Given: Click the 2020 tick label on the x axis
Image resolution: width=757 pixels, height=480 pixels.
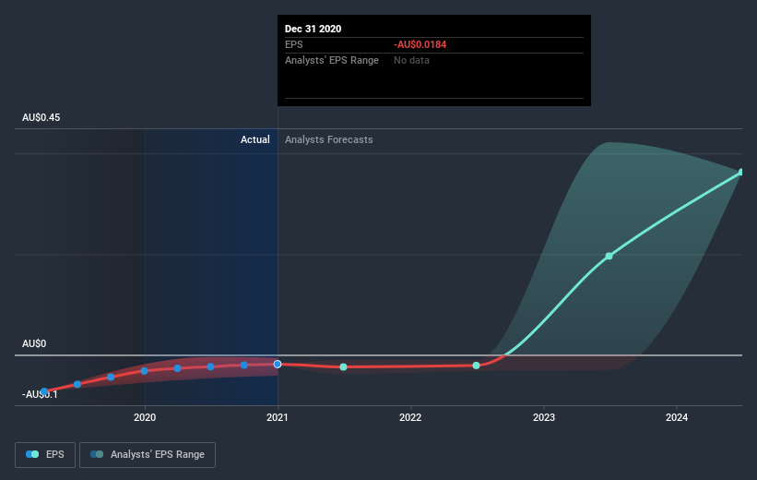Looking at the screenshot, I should coord(144,417).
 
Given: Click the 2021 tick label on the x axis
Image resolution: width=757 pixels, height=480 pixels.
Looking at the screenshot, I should coord(278,417).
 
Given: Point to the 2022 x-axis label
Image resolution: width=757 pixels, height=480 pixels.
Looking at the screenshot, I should coord(410,417).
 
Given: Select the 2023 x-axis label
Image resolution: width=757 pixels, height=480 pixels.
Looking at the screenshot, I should coord(543,417).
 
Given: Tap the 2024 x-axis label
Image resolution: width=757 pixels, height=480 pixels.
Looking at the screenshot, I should coord(677,417).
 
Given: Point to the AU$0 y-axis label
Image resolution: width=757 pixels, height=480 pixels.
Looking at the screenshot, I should coord(34,343).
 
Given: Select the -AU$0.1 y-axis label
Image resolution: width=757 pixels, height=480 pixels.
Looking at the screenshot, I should coord(41,394).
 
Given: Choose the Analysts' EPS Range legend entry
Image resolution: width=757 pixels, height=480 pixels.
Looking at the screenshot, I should coord(148,454).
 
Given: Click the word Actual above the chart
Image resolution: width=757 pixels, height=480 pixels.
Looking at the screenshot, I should coord(255,139).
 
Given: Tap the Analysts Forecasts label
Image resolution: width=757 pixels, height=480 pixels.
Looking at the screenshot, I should coord(329,139).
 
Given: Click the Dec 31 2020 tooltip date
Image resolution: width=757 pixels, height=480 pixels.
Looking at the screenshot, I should coord(313,29).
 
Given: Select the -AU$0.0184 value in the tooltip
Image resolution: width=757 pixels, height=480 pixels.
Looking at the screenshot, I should coord(420,44).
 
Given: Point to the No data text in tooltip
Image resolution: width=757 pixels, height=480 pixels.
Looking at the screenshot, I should coord(411,60).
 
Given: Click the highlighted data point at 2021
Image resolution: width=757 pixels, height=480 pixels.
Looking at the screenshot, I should coord(278,364).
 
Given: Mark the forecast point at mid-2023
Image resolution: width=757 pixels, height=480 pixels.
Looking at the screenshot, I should coord(609,256).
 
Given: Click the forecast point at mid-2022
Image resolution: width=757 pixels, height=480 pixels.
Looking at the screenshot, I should coord(476,366).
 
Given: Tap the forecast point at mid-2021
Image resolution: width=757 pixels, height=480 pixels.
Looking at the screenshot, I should coord(343,367).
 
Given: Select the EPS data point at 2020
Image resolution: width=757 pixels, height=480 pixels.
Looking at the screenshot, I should coord(144,371).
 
